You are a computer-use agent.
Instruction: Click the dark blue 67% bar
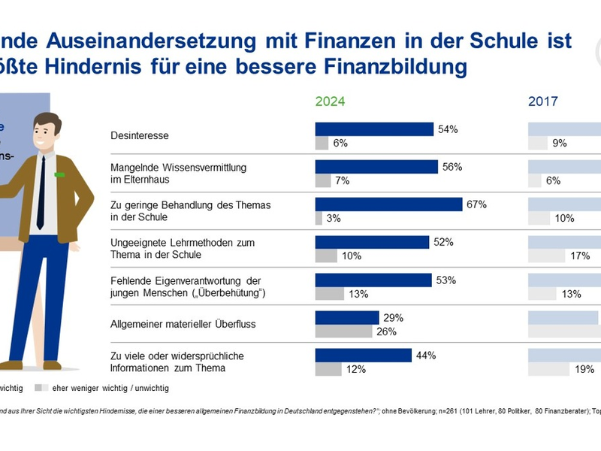tap(388, 204)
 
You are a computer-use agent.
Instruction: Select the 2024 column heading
tap(330, 101)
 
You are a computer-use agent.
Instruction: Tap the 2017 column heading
tap(543, 101)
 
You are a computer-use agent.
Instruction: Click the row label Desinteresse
tap(139, 136)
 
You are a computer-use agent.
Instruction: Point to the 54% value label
tap(448, 129)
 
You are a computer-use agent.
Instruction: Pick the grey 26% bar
tap(343, 331)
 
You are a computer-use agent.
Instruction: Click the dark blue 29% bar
tap(346, 317)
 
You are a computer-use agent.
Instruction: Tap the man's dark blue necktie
tap(41, 192)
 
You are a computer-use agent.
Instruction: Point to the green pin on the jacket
tap(59, 175)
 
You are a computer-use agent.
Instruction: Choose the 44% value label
tap(426, 355)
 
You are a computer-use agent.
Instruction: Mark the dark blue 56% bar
tap(376, 167)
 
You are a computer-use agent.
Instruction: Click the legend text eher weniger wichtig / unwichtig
tap(110, 389)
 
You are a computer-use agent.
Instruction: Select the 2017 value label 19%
tap(584, 368)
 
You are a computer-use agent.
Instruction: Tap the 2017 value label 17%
tap(579, 256)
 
